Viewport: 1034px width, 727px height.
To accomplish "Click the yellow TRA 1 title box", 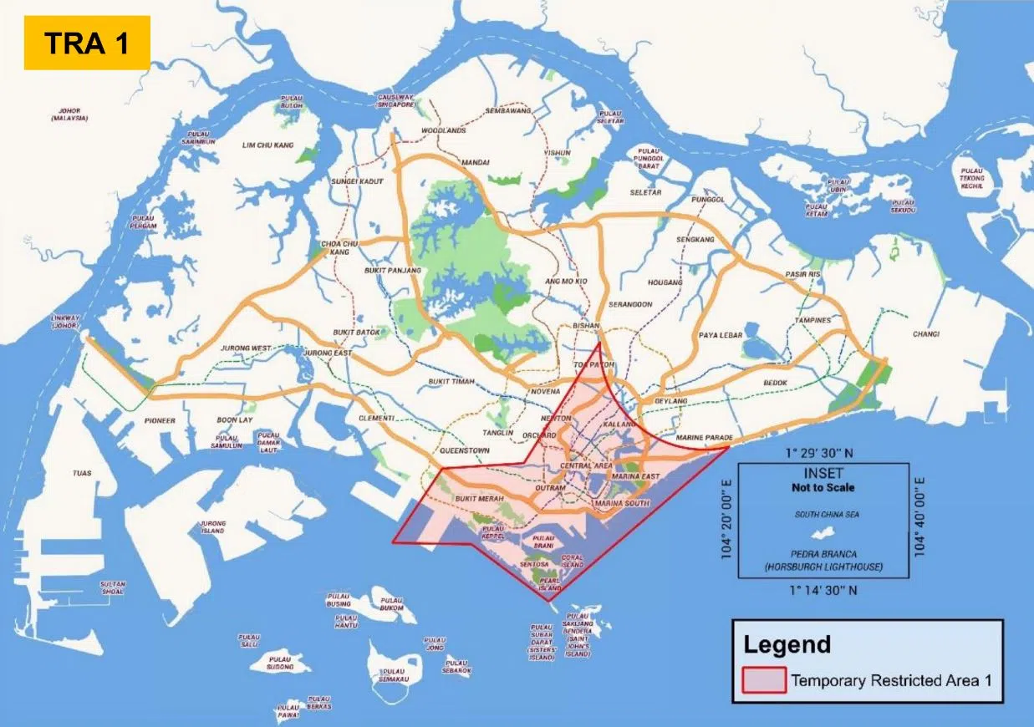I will click(x=87, y=43).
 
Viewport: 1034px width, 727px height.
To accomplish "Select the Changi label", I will click(x=925, y=334).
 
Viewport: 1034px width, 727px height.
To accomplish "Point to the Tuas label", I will click(x=82, y=473).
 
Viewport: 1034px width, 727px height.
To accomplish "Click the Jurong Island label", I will click(x=213, y=527).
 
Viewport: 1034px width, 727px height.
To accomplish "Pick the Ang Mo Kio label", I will click(x=566, y=282).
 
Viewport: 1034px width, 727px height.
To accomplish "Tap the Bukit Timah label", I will click(x=451, y=381).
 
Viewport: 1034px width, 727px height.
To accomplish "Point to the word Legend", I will click(x=787, y=645).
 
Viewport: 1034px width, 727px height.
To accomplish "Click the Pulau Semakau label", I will click(x=388, y=675).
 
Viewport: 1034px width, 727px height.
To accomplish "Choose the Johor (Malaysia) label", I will click(x=69, y=114).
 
